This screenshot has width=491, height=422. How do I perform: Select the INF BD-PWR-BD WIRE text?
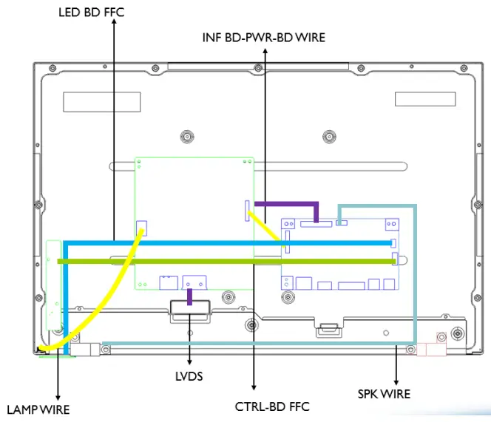pos(263,37)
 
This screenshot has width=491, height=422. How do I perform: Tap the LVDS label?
pos(190,376)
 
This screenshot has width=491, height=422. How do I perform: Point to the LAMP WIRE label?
pos(38,409)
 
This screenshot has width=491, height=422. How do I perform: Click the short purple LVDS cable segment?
pos(190,296)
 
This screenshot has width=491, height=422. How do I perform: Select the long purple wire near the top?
pos(285,203)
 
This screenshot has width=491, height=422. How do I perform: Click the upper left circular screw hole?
pos(186,137)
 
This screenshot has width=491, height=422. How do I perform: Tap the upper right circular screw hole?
pos(328,137)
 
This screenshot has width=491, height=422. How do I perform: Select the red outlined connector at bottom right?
pos(433,347)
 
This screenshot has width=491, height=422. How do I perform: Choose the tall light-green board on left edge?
pos(52,285)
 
